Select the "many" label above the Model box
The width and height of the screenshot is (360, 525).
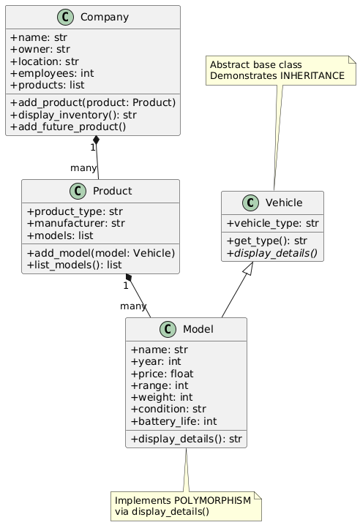pos(133,306)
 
